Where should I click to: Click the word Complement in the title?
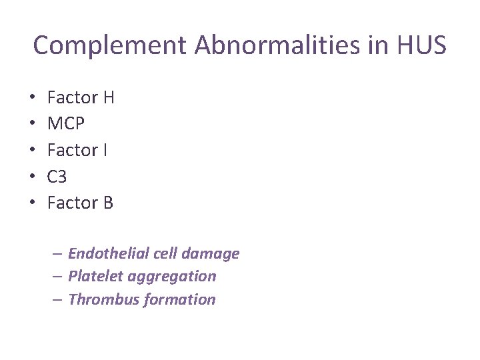coord(110,46)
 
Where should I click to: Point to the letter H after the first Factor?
coord(109,98)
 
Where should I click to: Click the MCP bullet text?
coord(66,125)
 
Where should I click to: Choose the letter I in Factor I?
coord(105,151)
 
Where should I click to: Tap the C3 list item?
coord(57,177)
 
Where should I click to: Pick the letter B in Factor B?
coord(108,203)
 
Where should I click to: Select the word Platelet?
coord(92,277)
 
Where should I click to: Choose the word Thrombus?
coord(97,300)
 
